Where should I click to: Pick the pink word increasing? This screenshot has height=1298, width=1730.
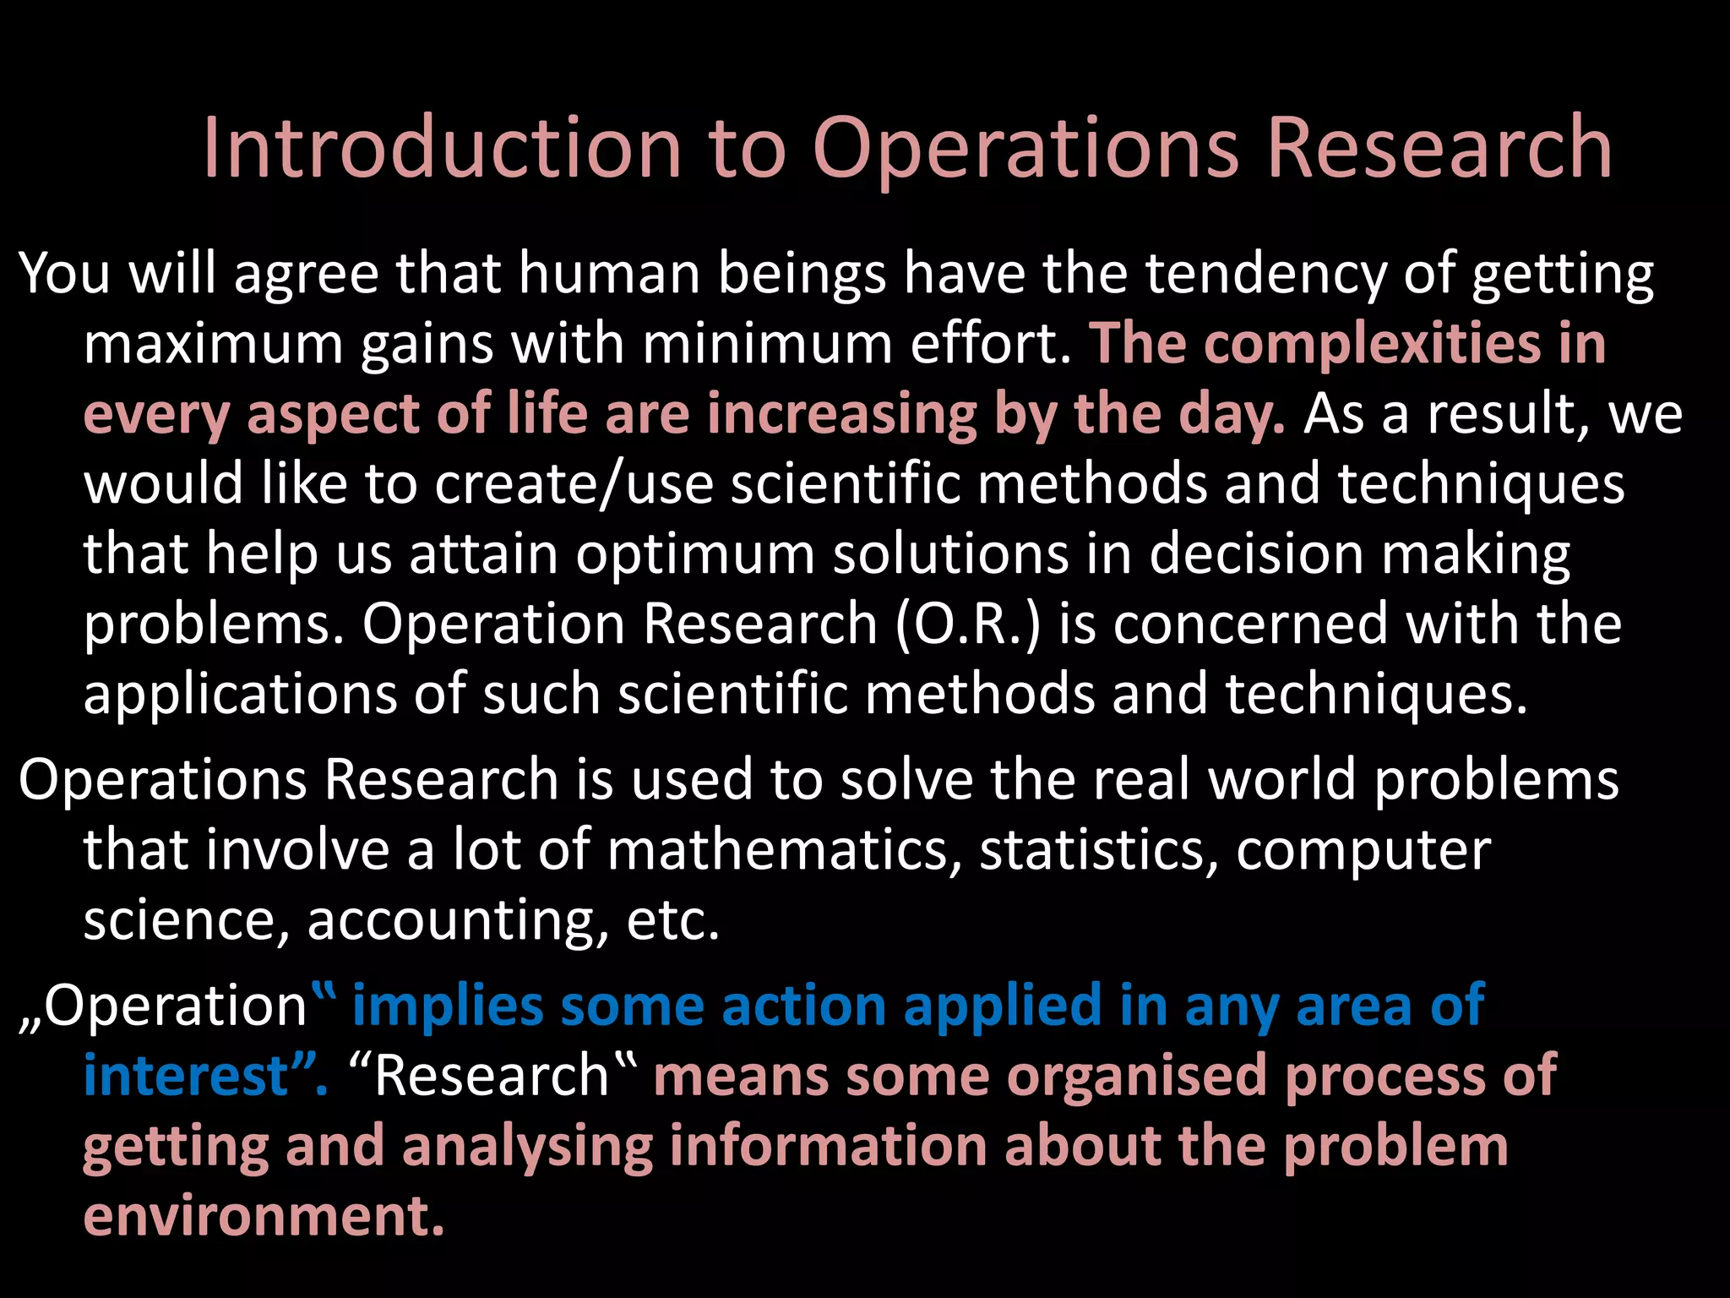pos(841,415)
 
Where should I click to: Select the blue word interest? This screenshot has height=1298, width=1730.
pos(187,1076)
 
